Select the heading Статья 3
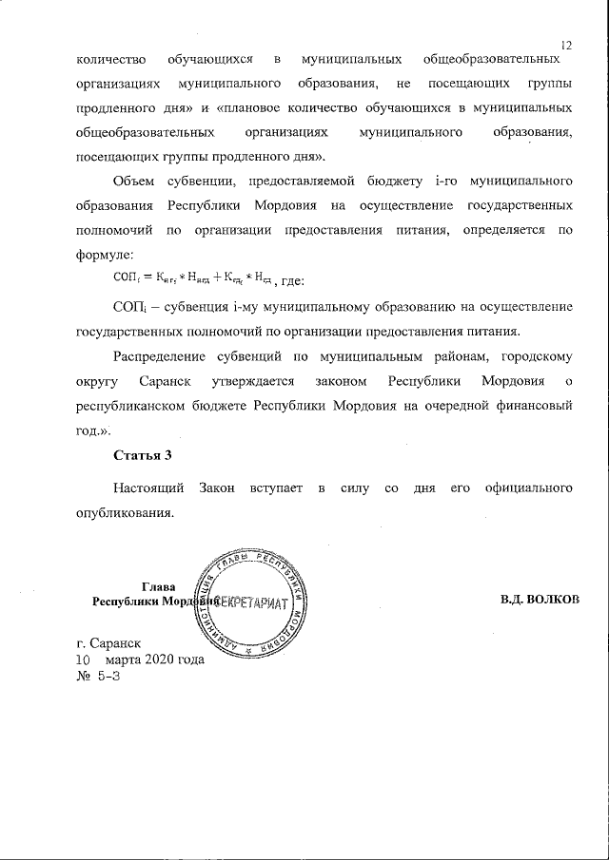tap(142, 455)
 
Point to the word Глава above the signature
tap(158, 585)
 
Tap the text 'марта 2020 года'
tap(155, 659)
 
